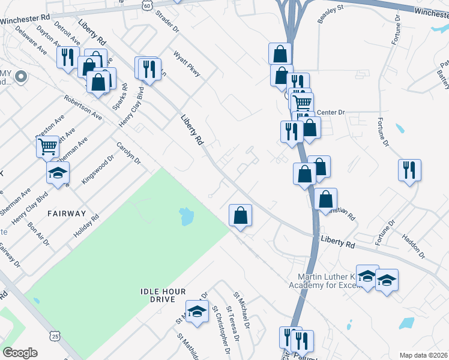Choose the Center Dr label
(331, 112)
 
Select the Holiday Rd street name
(86, 226)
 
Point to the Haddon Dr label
(414, 247)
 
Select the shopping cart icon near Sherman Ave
(47, 146)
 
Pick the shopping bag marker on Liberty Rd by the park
(240, 215)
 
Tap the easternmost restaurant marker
(409, 169)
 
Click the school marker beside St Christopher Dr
(196, 311)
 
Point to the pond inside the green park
(186, 215)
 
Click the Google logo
(20, 353)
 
